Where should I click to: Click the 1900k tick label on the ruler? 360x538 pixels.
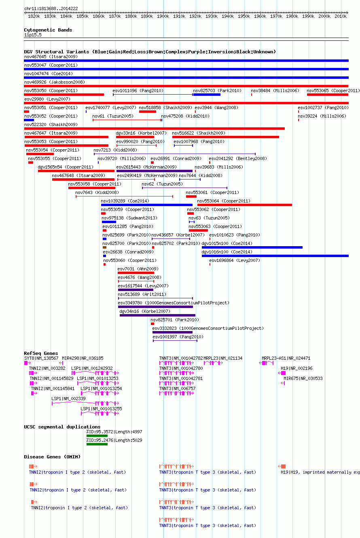pos(163,17)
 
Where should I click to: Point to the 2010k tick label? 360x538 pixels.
pos(341,17)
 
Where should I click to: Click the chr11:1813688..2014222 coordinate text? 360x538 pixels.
pos(51,8)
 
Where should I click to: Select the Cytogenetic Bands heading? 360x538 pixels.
pos(48,30)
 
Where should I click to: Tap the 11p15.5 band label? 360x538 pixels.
pos(33,35)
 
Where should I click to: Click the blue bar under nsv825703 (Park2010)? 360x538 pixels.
pos(207,95)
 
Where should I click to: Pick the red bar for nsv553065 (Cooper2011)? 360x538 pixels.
pos(328,95)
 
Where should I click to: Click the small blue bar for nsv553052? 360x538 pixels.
pos(29,120)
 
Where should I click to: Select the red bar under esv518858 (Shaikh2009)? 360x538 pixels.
pos(148,112)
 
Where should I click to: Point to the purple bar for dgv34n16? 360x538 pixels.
pos(157,315)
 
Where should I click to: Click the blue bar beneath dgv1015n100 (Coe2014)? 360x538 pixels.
pos(252,247)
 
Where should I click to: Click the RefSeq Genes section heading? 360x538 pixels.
pos(41,353)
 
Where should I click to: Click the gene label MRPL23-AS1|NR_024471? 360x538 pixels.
pos(286,358)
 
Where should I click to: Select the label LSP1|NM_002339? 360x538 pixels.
pos(68,399)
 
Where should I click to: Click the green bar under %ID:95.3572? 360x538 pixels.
pos(97,436)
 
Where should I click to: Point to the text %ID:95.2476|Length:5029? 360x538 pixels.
pos(114,440)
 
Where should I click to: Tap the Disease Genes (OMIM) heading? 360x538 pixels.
pos(52,457)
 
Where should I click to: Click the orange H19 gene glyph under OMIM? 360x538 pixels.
pos(282,466)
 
